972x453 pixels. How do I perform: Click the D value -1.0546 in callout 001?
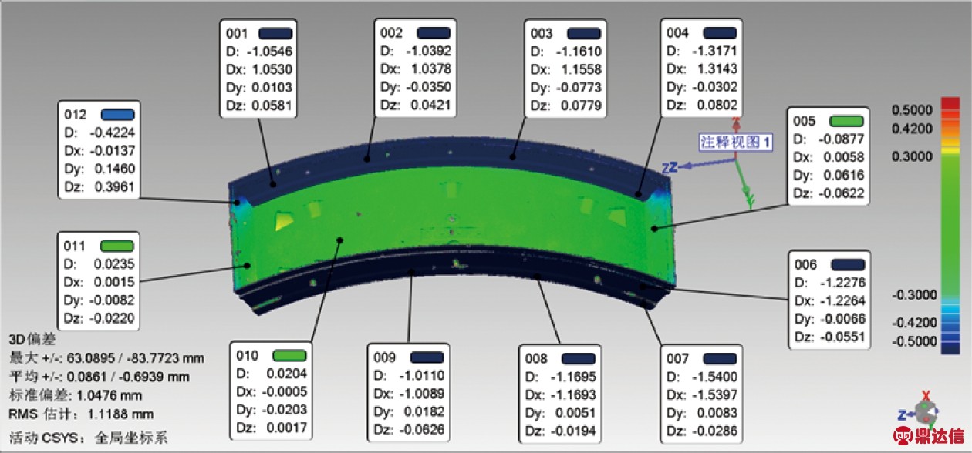coord(269,51)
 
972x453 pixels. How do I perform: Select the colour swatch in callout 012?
coord(117,115)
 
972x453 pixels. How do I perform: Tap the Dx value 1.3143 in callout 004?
coord(717,69)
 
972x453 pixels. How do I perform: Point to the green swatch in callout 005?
coord(846,120)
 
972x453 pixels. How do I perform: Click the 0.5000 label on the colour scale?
coord(912,110)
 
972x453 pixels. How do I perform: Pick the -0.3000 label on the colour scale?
coord(914,295)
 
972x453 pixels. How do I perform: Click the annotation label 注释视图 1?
coord(735,142)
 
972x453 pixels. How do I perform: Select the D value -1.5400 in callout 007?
coord(714,376)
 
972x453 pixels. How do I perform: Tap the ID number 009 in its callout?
coord(384,357)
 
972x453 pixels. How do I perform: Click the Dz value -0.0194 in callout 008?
coord(573,431)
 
